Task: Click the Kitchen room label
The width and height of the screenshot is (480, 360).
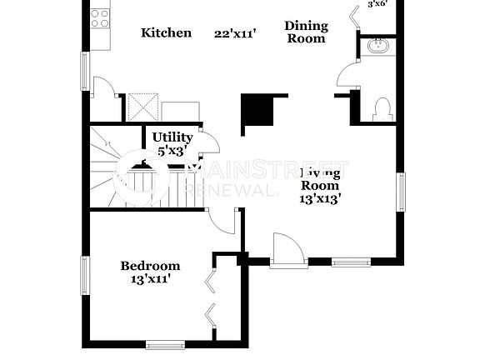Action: click(166, 33)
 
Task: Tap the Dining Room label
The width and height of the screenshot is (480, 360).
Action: click(306, 32)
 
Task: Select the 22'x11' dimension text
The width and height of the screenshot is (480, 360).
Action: click(235, 33)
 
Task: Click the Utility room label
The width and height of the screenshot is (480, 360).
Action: click(172, 137)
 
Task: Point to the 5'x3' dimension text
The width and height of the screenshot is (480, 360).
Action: click(172, 152)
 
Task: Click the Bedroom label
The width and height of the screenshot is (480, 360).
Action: click(150, 266)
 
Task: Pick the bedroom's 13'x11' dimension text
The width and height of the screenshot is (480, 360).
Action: click(150, 280)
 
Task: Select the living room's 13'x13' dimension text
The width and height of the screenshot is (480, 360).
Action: click(320, 199)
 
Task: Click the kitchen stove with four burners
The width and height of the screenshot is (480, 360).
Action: click(100, 17)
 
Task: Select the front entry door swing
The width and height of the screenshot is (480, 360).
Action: click(289, 249)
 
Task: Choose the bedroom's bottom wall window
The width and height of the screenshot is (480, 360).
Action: click(165, 343)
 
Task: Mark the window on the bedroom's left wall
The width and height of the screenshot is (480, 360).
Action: click(84, 277)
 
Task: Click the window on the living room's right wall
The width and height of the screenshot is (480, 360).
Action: click(401, 192)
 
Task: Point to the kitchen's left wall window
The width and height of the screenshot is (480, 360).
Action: click(84, 71)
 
